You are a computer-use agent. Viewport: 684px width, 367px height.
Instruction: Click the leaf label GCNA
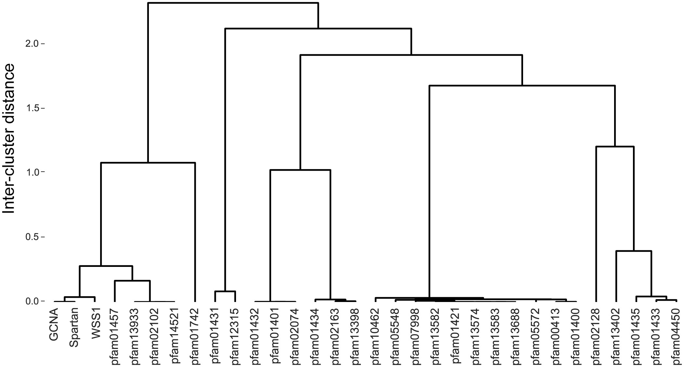point(54,326)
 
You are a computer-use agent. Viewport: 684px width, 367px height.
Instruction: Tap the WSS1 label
point(95,326)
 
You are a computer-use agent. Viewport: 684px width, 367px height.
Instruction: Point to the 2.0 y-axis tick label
point(32,44)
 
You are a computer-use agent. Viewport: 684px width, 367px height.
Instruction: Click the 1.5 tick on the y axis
point(32,108)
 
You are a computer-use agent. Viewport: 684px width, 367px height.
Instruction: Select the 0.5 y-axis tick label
point(32,237)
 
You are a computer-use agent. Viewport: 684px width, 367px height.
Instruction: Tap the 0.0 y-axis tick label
point(32,301)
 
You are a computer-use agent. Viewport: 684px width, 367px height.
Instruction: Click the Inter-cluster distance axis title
point(9,139)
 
